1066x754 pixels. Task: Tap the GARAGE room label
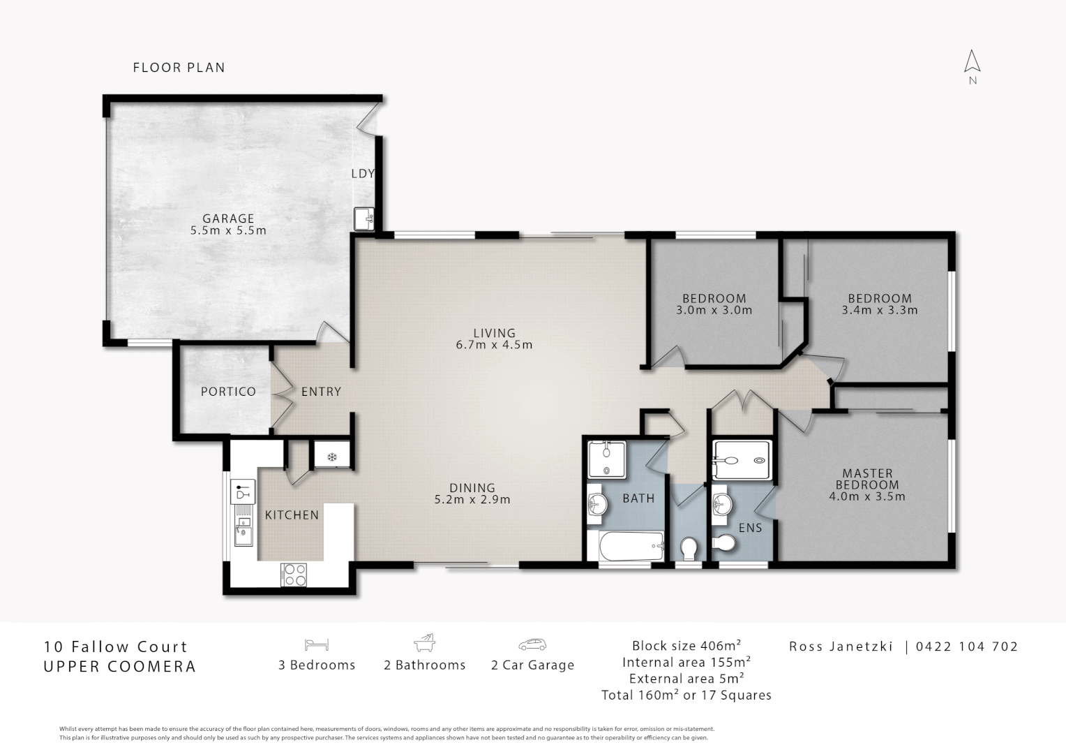[x=228, y=219]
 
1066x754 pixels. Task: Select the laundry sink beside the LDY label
[x=364, y=219]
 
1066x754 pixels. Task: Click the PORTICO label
[x=228, y=392]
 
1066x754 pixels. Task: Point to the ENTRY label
[x=321, y=392]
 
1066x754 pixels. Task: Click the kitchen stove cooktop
[x=294, y=575]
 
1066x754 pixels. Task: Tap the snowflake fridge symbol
[x=331, y=458]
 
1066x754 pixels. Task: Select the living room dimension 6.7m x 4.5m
[x=494, y=344]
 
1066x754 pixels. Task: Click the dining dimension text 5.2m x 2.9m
[x=472, y=499]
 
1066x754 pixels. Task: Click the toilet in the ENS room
[x=724, y=542]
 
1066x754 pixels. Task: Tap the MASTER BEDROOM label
[x=868, y=479]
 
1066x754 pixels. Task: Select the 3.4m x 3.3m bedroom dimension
[x=880, y=310]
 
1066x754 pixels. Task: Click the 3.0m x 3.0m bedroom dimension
[x=714, y=310]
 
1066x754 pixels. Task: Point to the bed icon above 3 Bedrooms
[x=317, y=644]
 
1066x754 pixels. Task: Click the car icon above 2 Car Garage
[x=532, y=644]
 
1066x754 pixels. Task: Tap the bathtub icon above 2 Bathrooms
[x=424, y=642]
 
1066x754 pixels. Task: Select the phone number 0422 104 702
[x=966, y=646]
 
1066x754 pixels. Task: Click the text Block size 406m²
[x=686, y=645]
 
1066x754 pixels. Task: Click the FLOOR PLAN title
[x=179, y=68]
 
